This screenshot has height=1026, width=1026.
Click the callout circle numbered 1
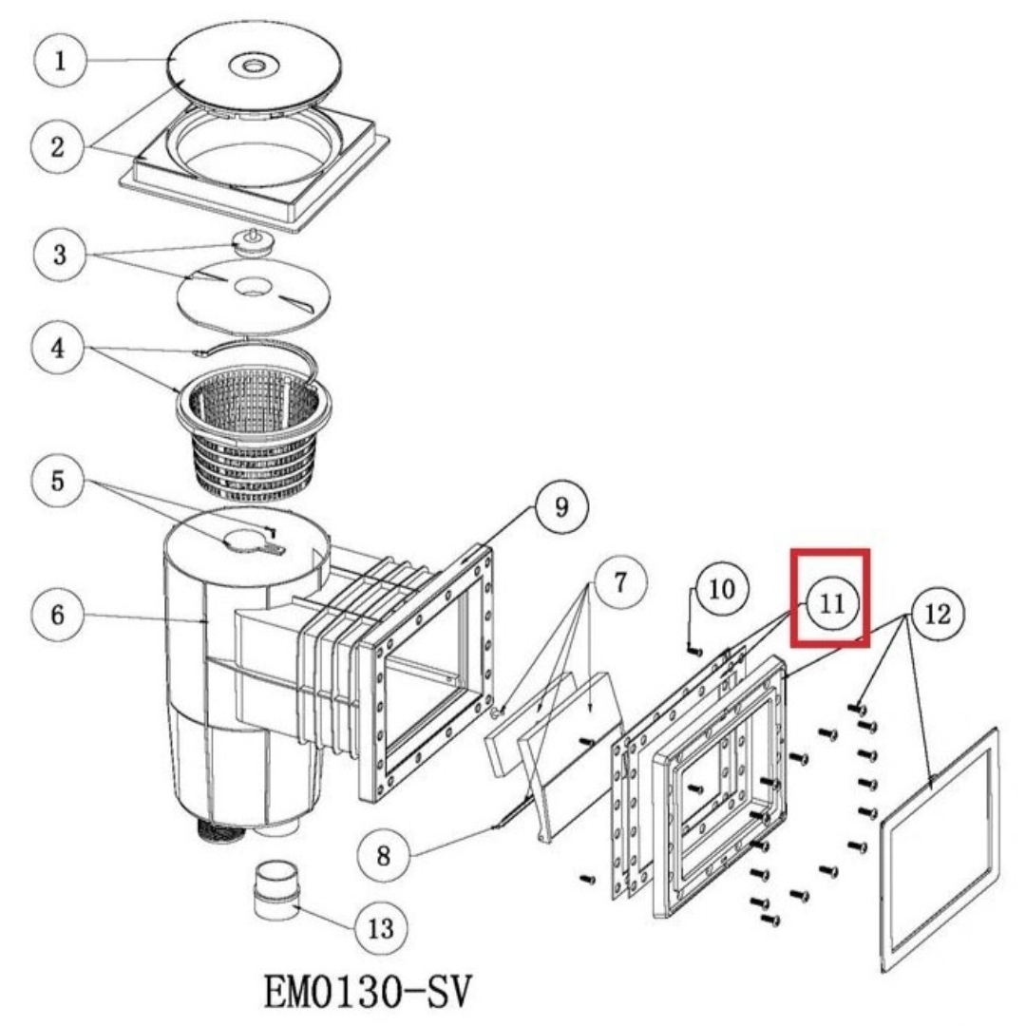60,60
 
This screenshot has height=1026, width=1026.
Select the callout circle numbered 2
58,146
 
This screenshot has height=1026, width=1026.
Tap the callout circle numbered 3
60,254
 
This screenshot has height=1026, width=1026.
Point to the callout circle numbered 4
58,348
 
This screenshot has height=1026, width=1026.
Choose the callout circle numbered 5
58,482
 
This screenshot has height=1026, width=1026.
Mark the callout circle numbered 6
58,615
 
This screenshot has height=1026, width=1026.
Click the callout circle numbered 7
620,581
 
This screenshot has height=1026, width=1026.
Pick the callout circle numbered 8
384,855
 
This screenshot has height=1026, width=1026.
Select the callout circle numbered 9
561,506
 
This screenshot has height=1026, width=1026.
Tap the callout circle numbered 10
722,590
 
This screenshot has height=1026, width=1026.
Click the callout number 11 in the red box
832,602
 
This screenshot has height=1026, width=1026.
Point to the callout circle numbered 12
938,614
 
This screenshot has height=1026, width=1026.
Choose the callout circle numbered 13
382,928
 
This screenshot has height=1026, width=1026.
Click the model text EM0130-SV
368,992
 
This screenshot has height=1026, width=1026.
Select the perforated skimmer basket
254,432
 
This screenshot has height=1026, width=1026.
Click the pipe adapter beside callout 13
276,889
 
